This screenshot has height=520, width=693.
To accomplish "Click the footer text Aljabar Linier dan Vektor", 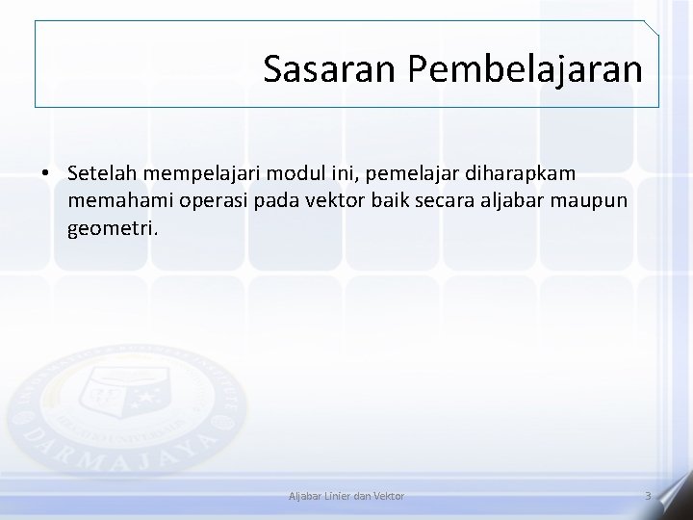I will pos(346,495).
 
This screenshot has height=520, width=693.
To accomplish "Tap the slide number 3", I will pos(648,495).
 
